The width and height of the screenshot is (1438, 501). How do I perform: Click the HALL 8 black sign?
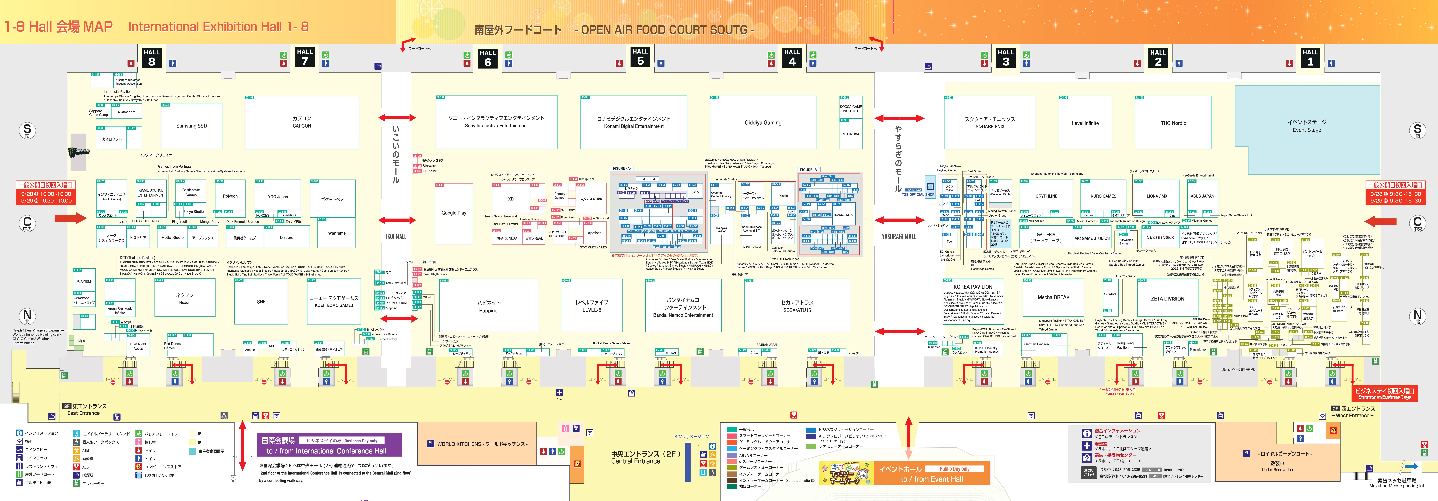151,57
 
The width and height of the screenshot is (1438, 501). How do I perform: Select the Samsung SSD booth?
191,125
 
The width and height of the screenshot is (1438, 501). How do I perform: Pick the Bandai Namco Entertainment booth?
683,307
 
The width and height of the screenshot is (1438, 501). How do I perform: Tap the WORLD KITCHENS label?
477,444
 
